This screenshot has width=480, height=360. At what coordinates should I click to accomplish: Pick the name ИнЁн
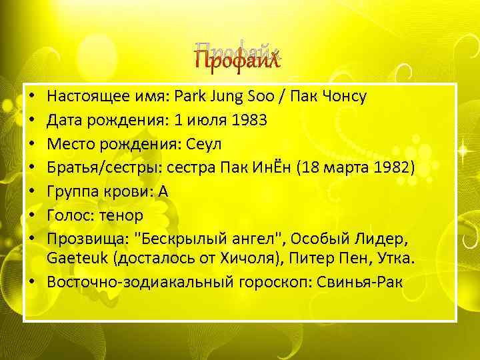(x=283, y=168)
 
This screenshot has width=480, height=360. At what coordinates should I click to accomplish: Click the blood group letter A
(x=163, y=192)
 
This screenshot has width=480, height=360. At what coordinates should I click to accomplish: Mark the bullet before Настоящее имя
(x=33, y=97)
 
